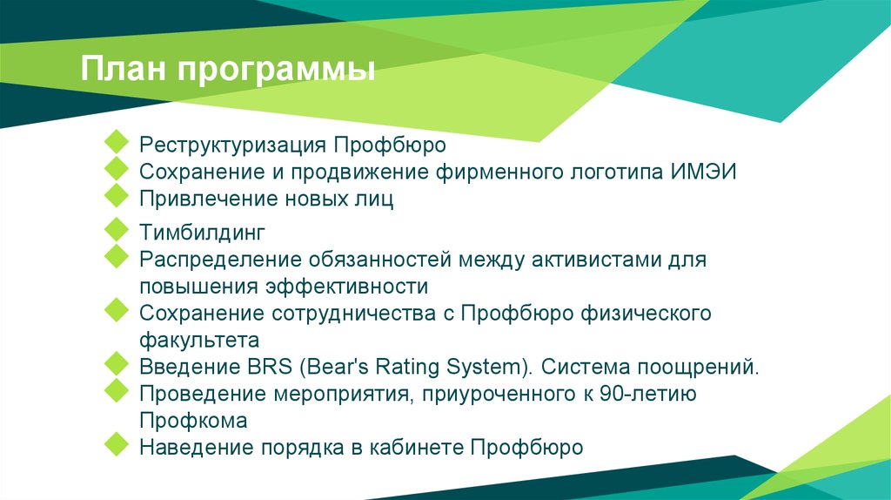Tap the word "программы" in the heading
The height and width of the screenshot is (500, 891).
pyautogui.click(x=278, y=71)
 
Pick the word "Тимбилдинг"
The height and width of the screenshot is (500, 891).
pyautogui.click(x=201, y=233)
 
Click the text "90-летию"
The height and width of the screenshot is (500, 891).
pyautogui.click(x=648, y=394)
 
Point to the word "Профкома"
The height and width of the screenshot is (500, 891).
pyautogui.click(x=193, y=421)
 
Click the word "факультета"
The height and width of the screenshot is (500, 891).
pyautogui.click(x=199, y=340)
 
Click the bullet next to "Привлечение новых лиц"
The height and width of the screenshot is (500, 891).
pyautogui.click(x=115, y=195)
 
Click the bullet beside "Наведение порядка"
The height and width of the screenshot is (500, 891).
pyautogui.click(x=115, y=444)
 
